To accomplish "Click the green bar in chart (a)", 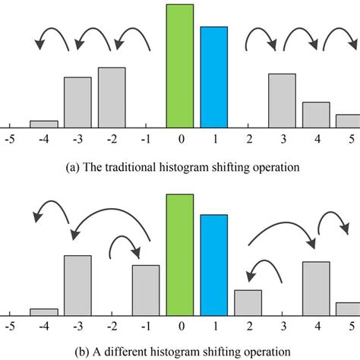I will point(180,65).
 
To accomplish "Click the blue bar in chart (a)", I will point(214,76).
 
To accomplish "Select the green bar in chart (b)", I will point(180,254).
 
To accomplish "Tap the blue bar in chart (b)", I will point(214,264).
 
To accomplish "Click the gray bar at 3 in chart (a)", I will point(282,99).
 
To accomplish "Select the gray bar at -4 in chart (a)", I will point(43,123).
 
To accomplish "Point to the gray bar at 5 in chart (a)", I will point(348,120).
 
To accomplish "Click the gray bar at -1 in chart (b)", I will point(146,289).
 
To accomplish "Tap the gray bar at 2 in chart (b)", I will point(248,302).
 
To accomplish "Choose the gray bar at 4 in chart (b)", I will point(316,288).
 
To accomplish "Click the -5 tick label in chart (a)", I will point(10,140).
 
